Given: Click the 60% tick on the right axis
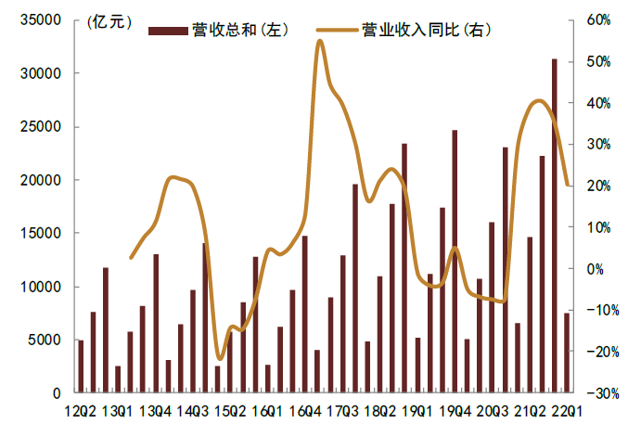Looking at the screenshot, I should [598, 19].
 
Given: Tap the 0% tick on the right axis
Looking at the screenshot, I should [595, 269].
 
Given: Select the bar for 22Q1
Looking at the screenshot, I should [567, 353].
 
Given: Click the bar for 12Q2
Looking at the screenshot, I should [81, 366].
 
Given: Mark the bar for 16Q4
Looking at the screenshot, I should [304, 315].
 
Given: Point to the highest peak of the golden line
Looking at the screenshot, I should [319, 41].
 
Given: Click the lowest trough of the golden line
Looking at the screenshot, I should [219, 358].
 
